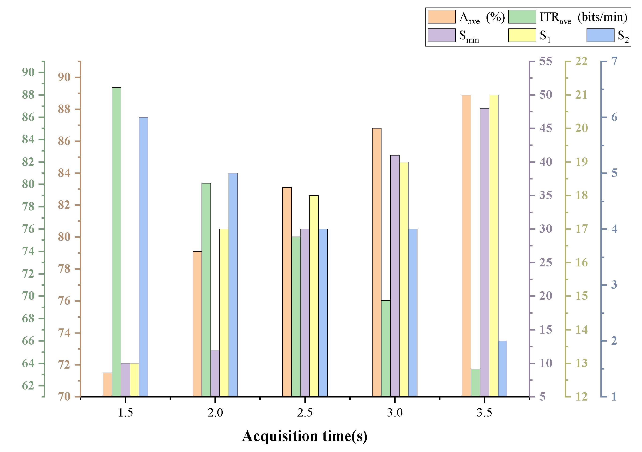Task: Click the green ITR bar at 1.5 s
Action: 116,242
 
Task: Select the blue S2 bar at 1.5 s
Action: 144,257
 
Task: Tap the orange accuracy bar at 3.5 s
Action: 466,245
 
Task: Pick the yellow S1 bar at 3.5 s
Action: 493,245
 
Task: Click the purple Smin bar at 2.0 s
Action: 215,373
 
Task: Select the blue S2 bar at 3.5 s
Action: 502,368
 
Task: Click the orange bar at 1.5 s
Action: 107,385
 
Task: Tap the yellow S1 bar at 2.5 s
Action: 314,296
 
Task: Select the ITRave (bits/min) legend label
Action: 583,17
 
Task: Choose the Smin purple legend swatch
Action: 442,35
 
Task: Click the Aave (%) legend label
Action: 482,17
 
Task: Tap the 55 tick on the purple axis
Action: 545,61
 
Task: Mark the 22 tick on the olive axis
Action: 581,61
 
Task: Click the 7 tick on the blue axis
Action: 614,61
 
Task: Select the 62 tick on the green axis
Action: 28,386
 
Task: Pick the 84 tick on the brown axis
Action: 64,173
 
